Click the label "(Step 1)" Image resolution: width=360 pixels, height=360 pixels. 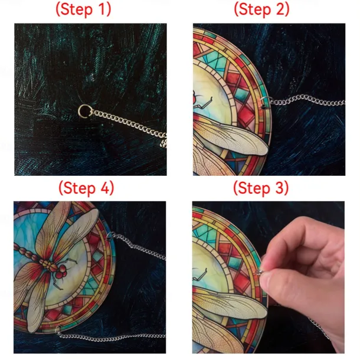[83, 9]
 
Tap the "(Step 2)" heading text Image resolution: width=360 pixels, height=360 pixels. [261, 9]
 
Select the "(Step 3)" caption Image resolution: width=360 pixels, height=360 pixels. [261, 188]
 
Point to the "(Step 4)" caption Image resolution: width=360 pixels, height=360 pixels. [86, 188]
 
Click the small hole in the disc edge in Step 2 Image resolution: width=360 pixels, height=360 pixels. [264, 107]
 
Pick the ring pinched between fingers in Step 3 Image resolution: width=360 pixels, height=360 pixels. [258, 273]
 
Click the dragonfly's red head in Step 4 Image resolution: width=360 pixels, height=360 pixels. [61, 271]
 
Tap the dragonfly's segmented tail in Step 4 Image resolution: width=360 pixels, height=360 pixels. [27, 253]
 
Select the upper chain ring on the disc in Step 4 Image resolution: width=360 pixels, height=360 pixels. [111, 235]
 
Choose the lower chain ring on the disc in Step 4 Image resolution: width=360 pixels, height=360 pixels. [58, 330]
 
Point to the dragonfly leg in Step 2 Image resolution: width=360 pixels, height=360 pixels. [204, 103]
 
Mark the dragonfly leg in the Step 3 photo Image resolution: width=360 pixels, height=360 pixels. [200, 274]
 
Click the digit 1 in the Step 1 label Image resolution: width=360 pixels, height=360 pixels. [102, 9]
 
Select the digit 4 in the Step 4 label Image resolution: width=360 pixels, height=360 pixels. [104, 188]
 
